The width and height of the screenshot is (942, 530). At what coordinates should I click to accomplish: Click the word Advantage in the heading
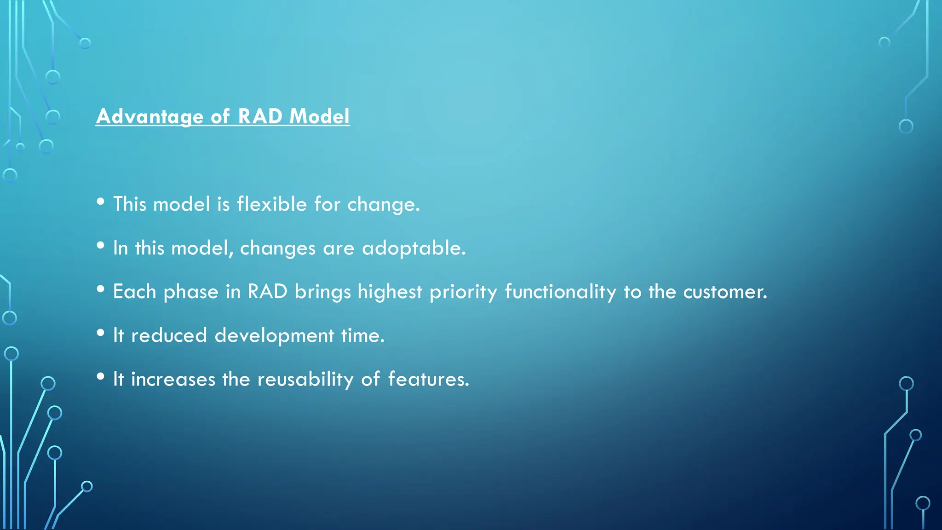pos(149,116)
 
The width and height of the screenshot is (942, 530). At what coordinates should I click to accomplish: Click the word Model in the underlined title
pos(319,116)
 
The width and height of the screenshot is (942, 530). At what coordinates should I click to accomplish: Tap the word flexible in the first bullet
pos(271,204)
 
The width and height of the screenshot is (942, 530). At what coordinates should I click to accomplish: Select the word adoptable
pos(414,248)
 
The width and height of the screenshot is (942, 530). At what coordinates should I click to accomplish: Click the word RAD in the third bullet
pos(267,292)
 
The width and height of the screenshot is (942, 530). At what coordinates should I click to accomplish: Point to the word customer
pos(725,292)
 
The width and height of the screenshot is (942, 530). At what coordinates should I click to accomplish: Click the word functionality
pos(560,292)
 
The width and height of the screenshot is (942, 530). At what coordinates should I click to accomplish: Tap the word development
pos(274,336)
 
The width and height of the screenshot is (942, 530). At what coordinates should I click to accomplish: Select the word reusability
pos(305,380)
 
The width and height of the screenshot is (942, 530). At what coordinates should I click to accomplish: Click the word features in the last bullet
pos(428,379)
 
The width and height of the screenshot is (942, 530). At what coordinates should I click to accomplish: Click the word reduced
pos(169,335)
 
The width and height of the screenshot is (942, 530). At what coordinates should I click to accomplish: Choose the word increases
pos(173,380)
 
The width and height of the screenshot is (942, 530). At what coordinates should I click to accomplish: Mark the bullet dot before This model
pos(101,202)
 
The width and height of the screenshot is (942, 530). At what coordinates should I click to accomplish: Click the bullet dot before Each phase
pos(101,289)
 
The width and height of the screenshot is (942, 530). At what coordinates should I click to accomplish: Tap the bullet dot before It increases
pos(101,377)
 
